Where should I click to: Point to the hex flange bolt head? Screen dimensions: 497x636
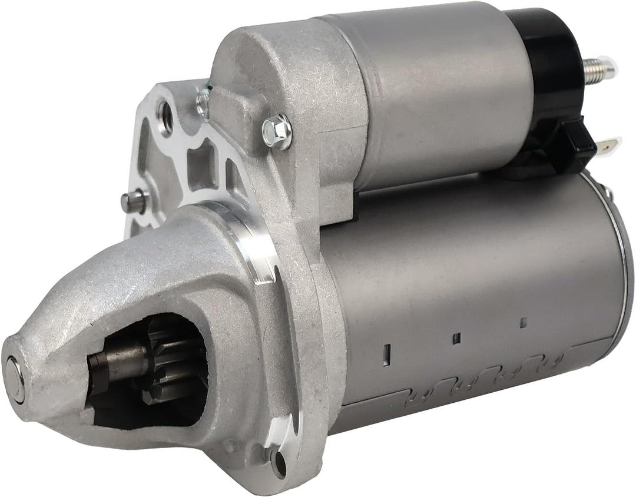(277, 131)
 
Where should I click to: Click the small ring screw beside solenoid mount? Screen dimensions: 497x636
(203, 104)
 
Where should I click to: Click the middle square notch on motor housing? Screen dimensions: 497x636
(456, 338)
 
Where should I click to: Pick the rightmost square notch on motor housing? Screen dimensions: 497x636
(522, 322)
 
